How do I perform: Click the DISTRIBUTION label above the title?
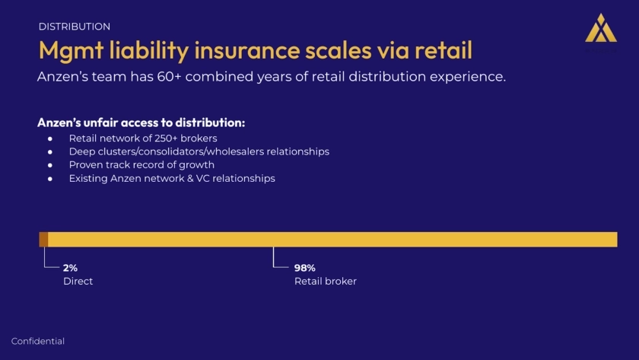click(x=75, y=27)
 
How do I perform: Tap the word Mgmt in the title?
click(x=71, y=51)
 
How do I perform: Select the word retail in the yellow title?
click(x=443, y=49)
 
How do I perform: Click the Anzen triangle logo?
click(x=601, y=27)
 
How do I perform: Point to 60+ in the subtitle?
click(x=169, y=77)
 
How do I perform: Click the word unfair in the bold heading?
click(x=100, y=123)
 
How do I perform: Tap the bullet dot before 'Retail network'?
click(x=50, y=139)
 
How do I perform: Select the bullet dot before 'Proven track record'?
click(x=50, y=165)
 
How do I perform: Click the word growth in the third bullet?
click(x=199, y=164)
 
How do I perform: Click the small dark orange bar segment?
click(x=43, y=239)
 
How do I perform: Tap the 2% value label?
click(x=70, y=268)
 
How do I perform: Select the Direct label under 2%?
click(x=78, y=282)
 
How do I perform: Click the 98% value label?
click(x=305, y=268)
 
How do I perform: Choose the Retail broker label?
click(x=326, y=282)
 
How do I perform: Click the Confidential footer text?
click(x=38, y=341)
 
